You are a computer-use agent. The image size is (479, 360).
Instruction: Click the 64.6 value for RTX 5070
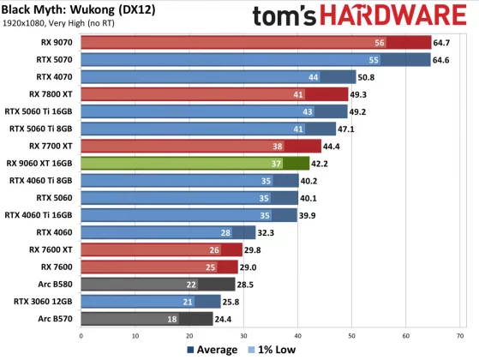coord(444,60)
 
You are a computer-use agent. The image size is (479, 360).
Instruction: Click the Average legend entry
coord(210,349)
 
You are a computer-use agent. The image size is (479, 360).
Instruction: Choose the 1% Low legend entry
coord(274,349)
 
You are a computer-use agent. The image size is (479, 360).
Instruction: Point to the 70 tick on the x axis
coord(461,334)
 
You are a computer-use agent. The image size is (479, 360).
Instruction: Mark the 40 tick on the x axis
coord(298,334)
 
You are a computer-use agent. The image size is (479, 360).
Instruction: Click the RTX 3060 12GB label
coord(45,301)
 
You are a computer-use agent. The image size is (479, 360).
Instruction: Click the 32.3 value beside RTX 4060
coord(269,232)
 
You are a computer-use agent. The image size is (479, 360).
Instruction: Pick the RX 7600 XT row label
coord(51,249)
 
